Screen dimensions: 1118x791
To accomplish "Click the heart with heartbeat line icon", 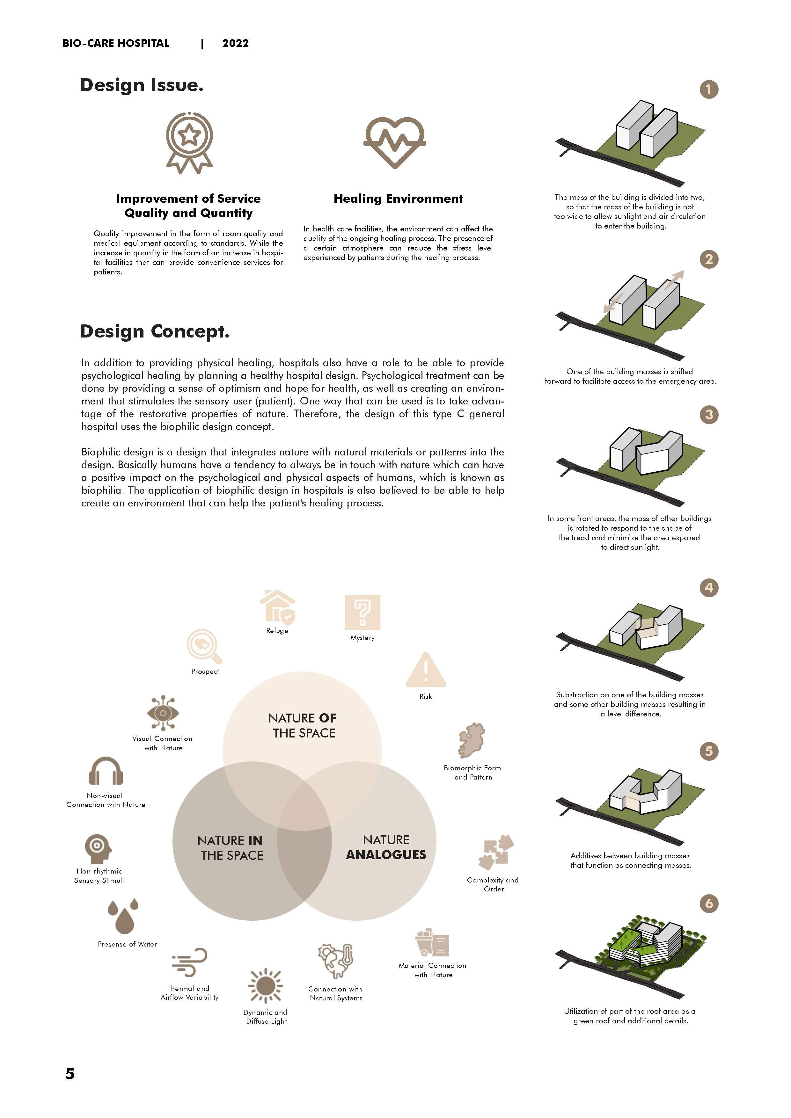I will pos(394,142).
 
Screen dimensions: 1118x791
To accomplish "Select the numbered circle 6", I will pos(709,904).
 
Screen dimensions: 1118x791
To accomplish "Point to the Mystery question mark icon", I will pos(363,612).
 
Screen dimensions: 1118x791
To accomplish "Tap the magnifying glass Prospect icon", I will pos(204,647).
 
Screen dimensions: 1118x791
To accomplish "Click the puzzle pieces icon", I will pos(495,853).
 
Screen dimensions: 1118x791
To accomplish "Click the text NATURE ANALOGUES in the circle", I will pos(386,847).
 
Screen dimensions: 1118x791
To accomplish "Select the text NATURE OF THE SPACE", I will pos(303,726).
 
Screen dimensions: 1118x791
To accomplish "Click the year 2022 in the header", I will pos(235,43).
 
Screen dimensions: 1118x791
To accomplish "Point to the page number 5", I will pos(70,1074).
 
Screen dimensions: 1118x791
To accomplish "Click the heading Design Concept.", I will pos(154,331).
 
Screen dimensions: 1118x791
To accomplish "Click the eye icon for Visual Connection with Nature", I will pos(163,713).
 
